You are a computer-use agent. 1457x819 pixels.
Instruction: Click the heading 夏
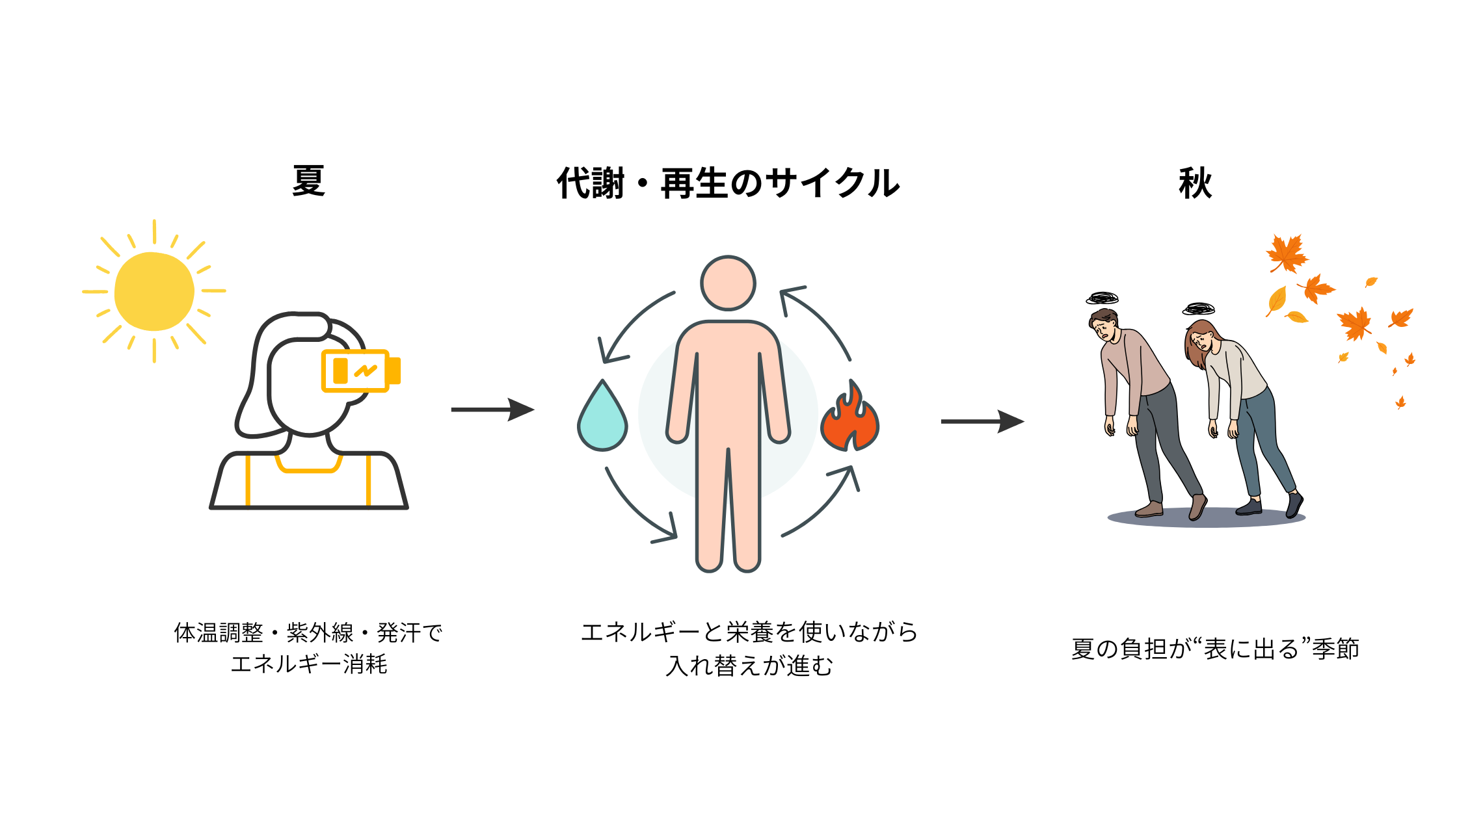(308, 181)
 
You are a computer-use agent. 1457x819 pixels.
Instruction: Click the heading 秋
(1195, 183)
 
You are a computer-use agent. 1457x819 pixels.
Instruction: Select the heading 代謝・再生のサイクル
(728, 183)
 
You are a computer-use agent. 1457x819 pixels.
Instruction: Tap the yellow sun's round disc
(154, 291)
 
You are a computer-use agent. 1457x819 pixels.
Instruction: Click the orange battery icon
(360, 371)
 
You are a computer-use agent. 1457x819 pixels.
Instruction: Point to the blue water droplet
(602, 419)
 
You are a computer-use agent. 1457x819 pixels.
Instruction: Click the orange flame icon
(849, 419)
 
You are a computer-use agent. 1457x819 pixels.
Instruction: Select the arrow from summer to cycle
(492, 409)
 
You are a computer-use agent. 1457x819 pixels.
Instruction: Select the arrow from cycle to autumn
(982, 421)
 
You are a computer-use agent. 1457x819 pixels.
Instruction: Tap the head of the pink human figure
(728, 283)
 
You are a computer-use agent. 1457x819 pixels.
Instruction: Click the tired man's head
(1104, 324)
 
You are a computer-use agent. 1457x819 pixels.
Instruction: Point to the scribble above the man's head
(1102, 298)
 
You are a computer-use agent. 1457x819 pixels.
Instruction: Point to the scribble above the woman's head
(1199, 308)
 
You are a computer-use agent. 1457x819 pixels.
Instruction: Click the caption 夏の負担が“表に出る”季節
(1215, 649)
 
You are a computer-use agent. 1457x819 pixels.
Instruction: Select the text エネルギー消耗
(309, 664)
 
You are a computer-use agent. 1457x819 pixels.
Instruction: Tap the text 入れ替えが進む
(749, 666)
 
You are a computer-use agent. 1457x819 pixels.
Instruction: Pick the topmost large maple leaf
(1286, 253)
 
